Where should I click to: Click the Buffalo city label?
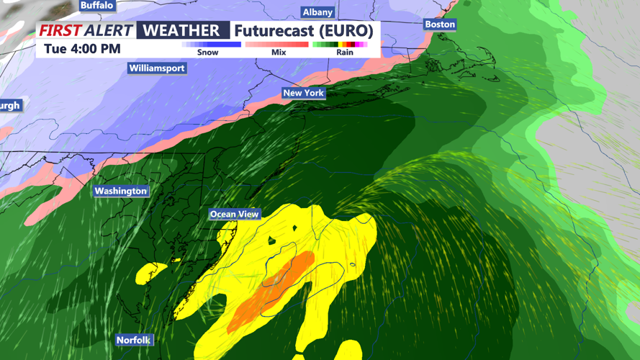[x=96, y=5]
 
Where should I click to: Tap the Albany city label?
[x=317, y=12]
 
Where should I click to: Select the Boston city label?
[x=440, y=24]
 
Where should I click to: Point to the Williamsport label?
[x=157, y=68]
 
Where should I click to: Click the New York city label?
[x=303, y=93]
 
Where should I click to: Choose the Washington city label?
[x=121, y=191]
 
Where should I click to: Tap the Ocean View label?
[x=234, y=214]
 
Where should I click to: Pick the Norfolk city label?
[x=134, y=340]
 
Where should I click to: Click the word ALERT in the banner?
[x=109, y=30]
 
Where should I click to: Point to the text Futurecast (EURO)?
[x=304, y=31]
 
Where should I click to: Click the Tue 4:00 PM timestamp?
[x=82, y=49]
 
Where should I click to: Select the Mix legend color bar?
[x=277, y=45]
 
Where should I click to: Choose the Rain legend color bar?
[x=341, y=45]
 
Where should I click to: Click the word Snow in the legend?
[x=207, y=53]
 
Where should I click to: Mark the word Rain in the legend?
[x=345, y=53]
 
